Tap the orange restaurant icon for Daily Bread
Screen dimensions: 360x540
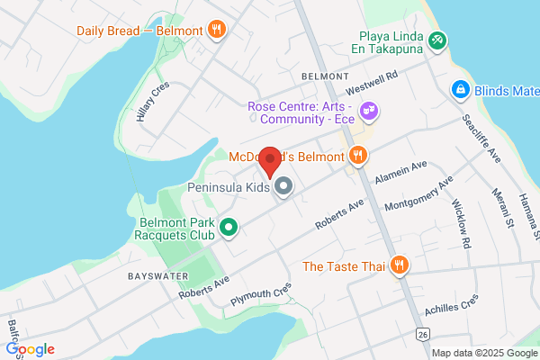pos(216,31)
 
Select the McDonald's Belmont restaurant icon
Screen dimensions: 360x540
pos(358,157)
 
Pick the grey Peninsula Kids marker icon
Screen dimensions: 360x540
pos(283,187)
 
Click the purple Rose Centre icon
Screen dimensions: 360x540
pos(368,112)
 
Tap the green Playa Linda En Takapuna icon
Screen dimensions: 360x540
pos(436,40)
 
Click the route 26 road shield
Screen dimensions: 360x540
pos(421,335)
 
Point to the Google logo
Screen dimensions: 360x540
pos(30,349)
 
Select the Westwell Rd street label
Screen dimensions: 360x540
pos(372,85)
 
